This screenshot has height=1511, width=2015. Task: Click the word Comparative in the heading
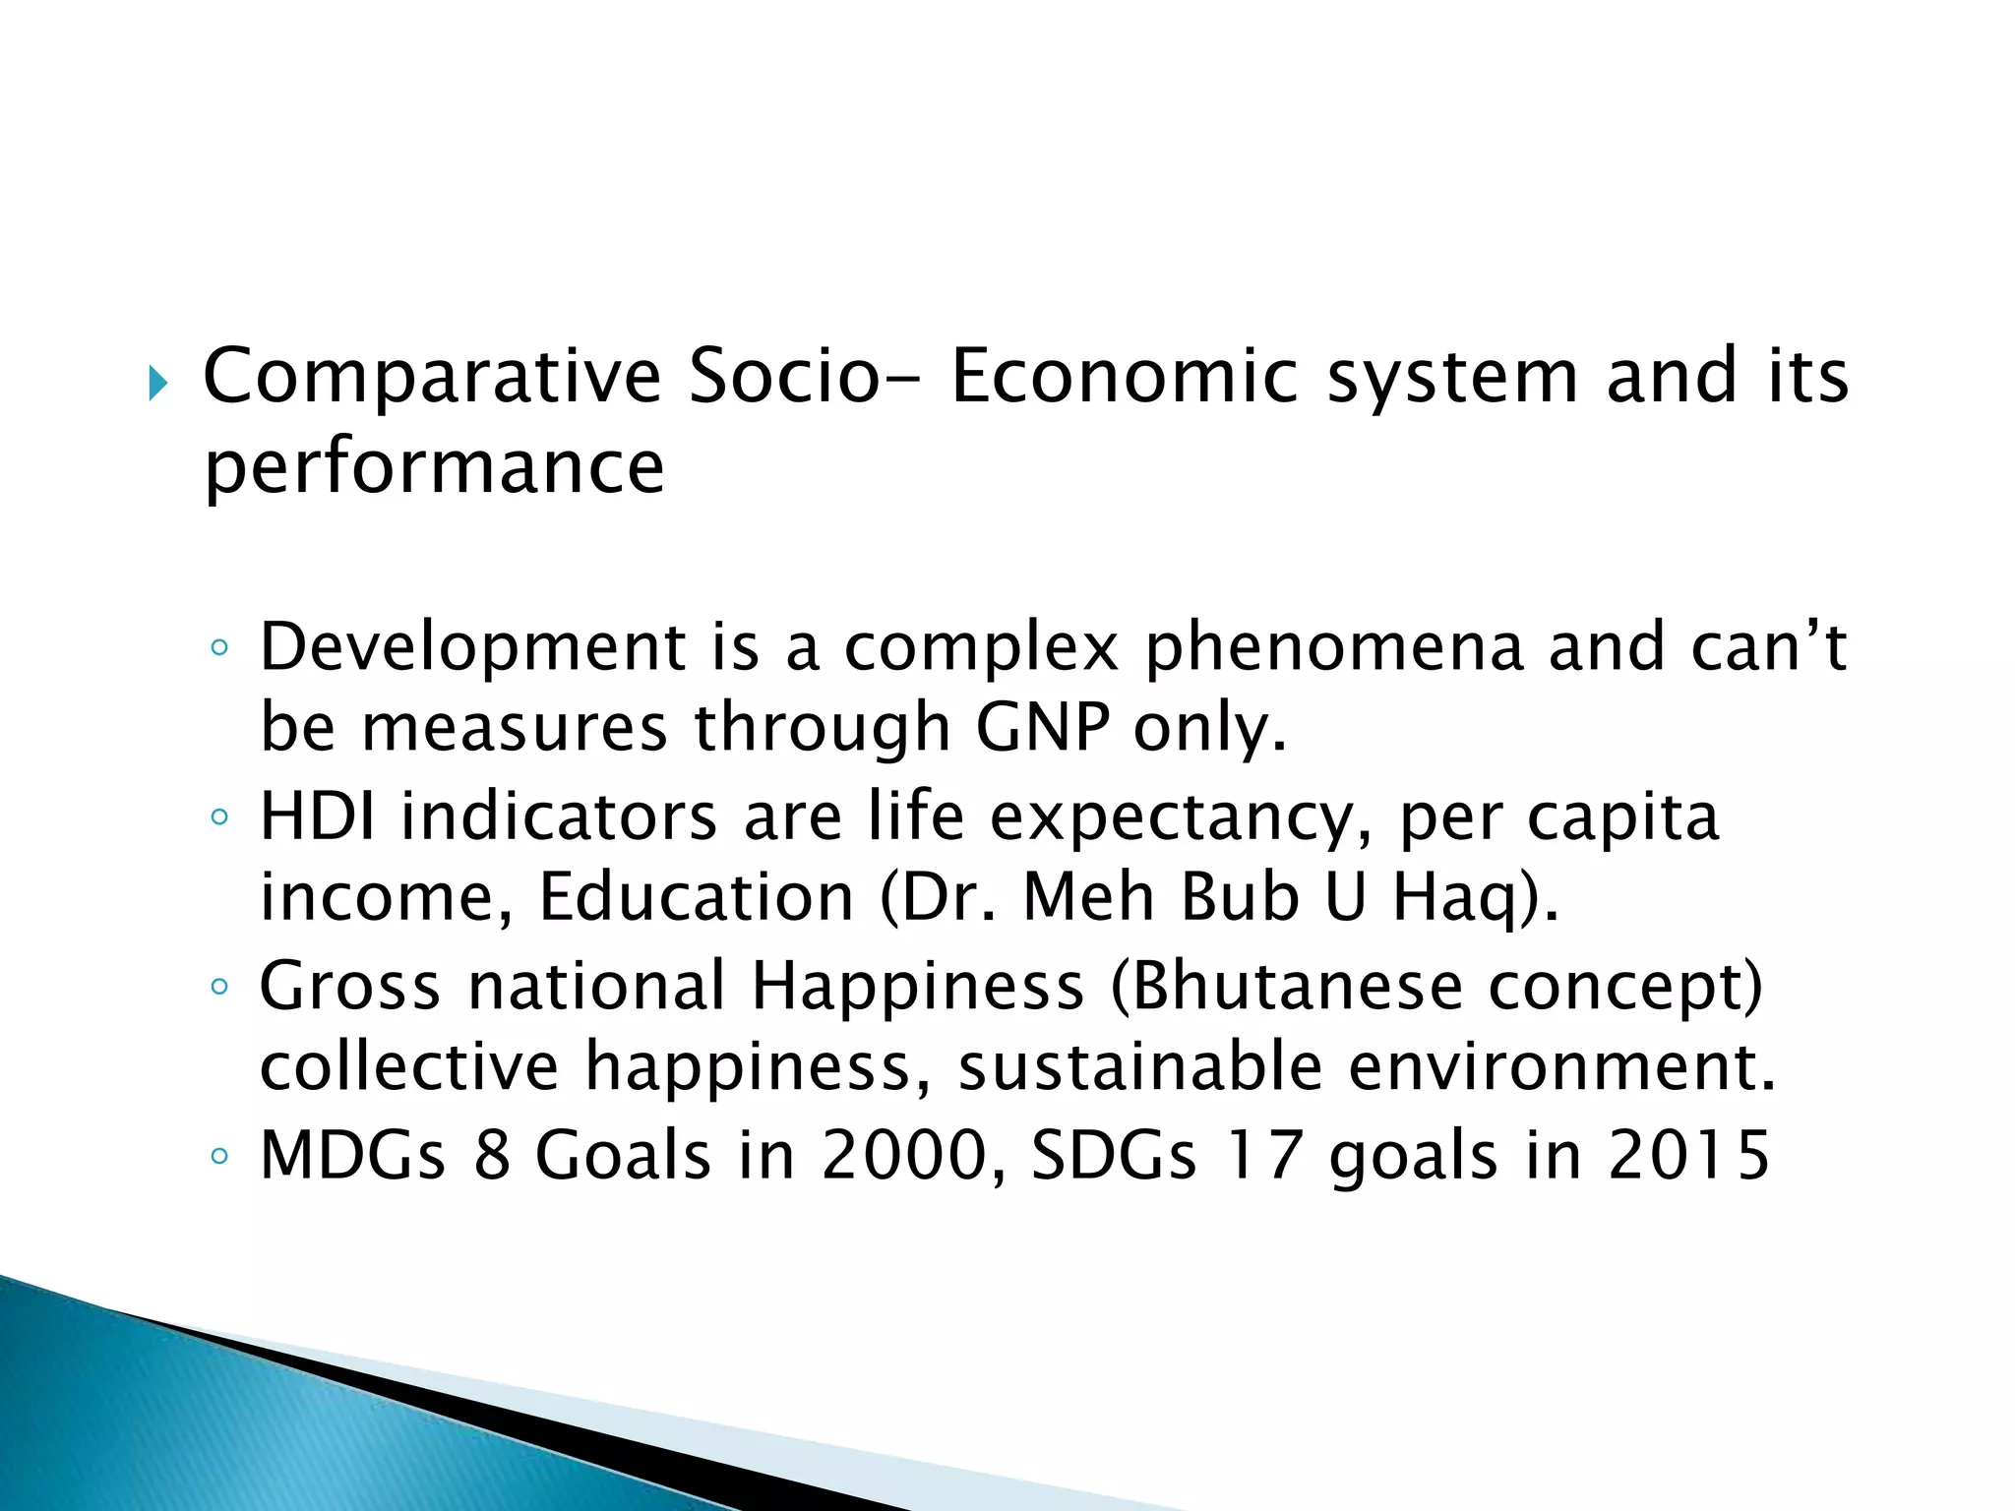432,377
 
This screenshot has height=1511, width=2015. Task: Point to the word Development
472,648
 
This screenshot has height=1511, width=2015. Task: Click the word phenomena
1334,648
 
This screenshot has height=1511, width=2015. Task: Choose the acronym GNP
1042,729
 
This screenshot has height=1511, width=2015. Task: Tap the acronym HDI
317,816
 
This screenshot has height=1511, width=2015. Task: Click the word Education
697,897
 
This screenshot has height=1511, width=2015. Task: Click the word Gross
349,986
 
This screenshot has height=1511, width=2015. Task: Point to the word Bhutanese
1297,986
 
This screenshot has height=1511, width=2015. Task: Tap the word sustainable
1139,1067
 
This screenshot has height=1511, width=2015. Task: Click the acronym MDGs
352,1155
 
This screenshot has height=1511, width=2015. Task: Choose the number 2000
903,1155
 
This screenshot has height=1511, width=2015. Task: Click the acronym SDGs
1113,1155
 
